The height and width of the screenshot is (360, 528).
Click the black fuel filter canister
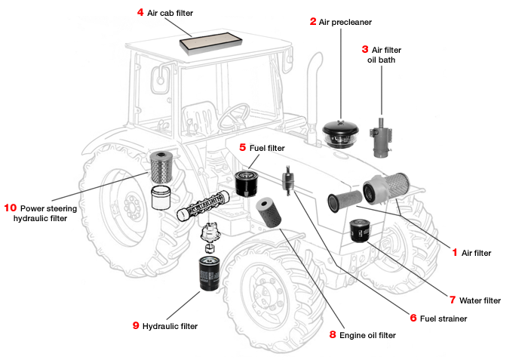point(246,181)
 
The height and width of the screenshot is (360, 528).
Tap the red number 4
point(140,13)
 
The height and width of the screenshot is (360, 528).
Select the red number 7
point(453,300)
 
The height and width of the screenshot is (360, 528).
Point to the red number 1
point(455,253)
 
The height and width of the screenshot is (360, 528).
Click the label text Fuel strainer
point(444,318)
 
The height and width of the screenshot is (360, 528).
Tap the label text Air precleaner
point(346,22)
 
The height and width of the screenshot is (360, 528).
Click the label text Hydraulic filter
point(170,326)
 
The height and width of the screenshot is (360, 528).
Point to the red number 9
point(136,326)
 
